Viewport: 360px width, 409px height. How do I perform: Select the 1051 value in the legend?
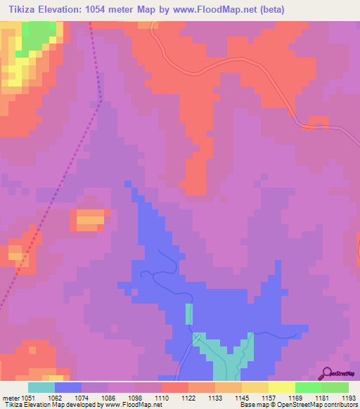click(27, 397)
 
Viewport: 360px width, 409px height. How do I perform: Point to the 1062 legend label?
click(54, 397)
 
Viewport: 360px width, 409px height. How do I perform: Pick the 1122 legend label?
click(188, 397)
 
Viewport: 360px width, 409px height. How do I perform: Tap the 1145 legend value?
click(240, 397)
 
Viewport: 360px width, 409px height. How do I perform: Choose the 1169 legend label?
click(294, 397)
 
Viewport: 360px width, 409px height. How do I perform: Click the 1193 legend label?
click(347, 397)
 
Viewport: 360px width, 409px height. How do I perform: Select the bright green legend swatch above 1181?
click(308, 387)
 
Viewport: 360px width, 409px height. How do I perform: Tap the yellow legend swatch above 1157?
click(255, 387)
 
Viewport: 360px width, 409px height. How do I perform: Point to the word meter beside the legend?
click(11, 397)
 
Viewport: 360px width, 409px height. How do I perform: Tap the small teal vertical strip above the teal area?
click(188, 313)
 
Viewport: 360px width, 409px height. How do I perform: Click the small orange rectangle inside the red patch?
click(89, 219)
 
